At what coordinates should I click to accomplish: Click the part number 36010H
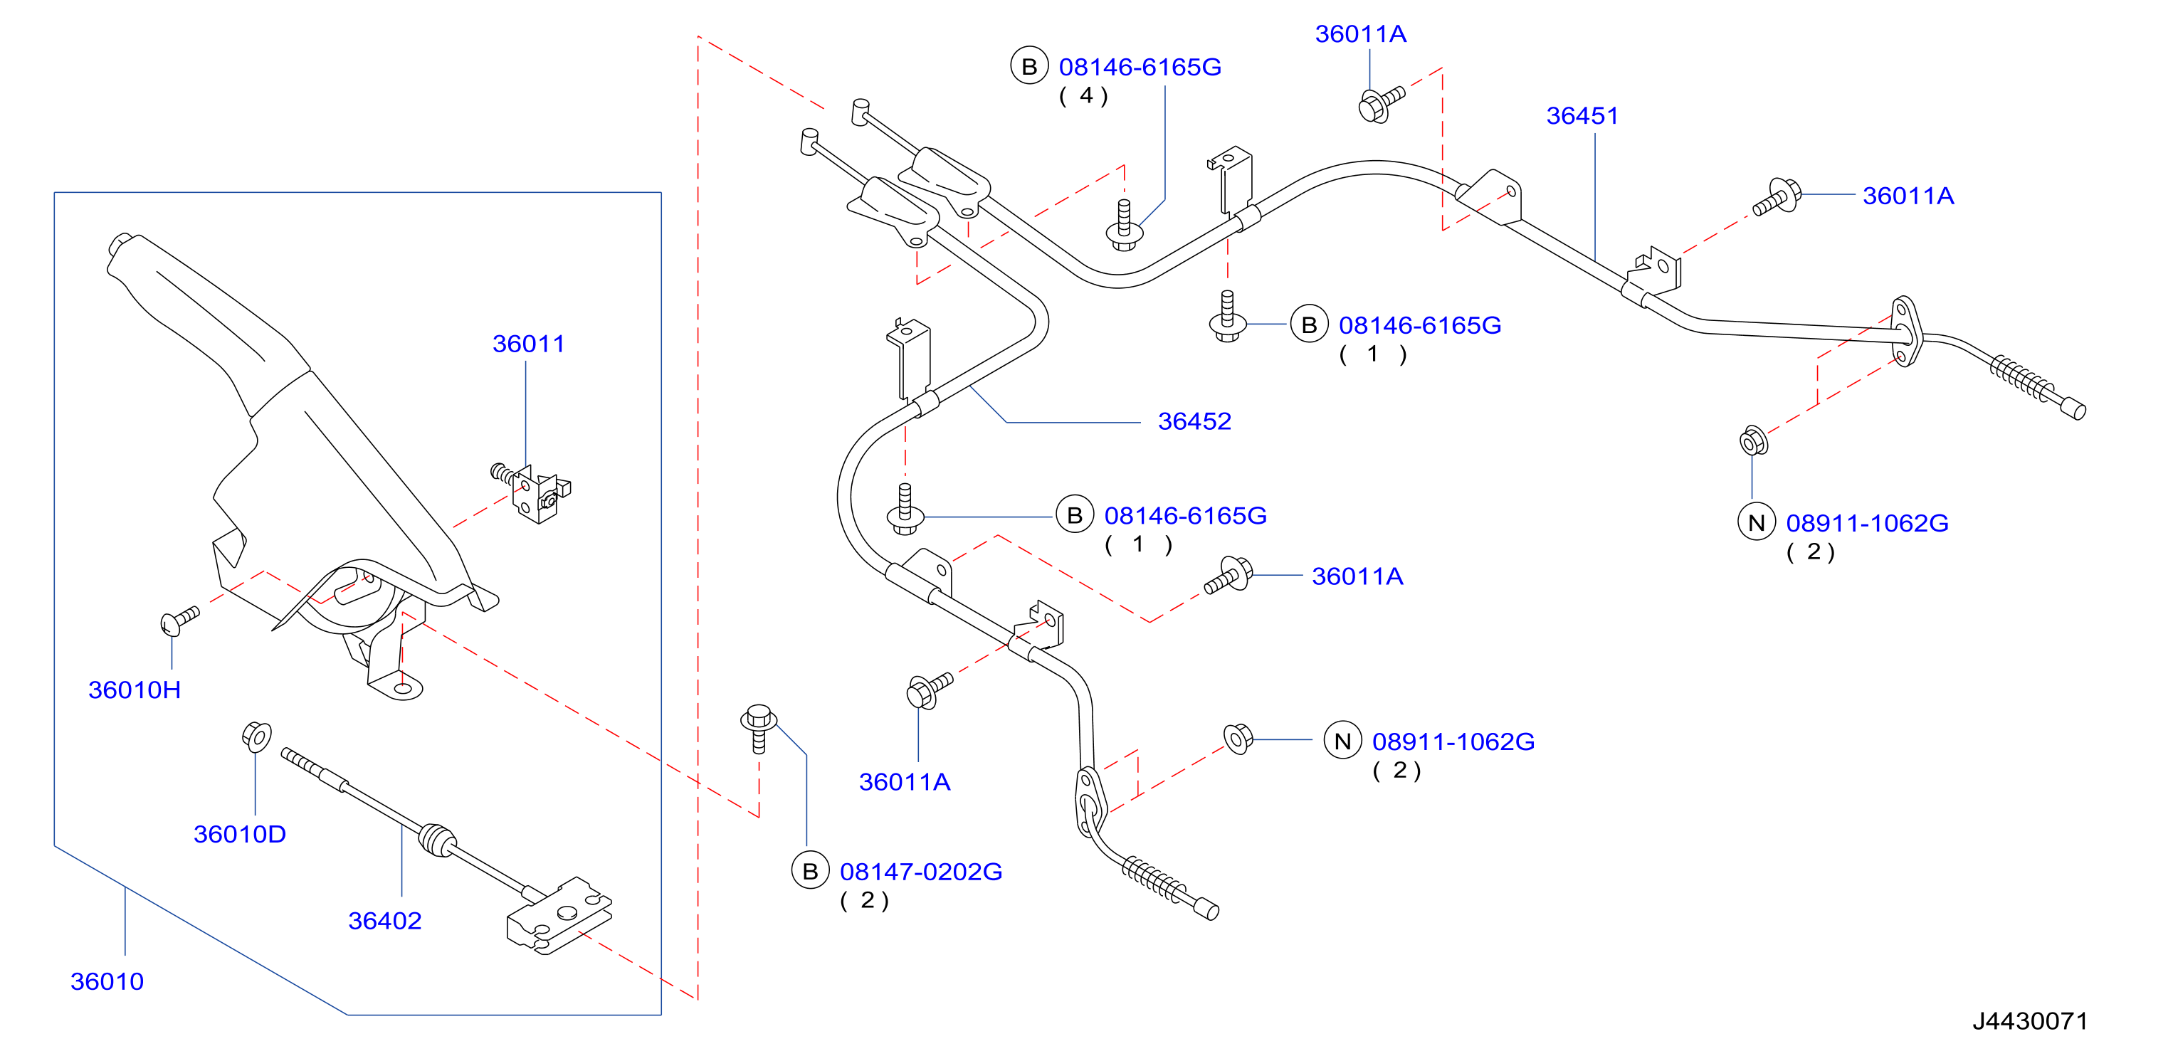click(135, 690)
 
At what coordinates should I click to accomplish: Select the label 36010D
click(240, 834)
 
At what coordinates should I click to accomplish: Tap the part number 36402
click(384, 920)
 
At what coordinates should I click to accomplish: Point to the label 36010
click(107, 981)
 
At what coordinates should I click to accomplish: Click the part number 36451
click(1582, 115)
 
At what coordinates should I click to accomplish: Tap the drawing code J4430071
click(2030, 1020)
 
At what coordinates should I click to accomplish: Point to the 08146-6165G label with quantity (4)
click(1140, 67)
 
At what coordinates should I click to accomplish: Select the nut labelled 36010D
click(256, 736)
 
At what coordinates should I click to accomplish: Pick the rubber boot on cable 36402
click(438, 840)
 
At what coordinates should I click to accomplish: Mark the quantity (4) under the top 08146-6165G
click(1084, 96)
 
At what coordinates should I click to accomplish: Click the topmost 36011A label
click(1361, 33)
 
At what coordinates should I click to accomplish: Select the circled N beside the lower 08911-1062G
click(1343, 741)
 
